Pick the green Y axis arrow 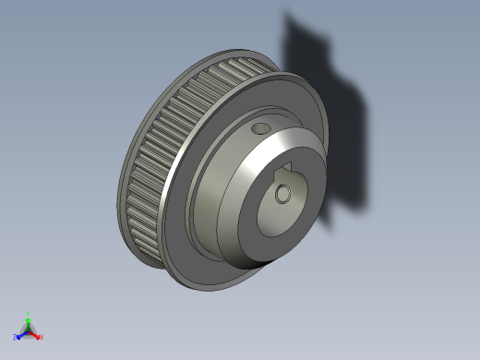click(28, 318)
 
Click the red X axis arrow click(36, 334)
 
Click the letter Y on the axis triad click(29, 312)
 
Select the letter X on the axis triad click(42, 337)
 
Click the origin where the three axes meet click(28, 330)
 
